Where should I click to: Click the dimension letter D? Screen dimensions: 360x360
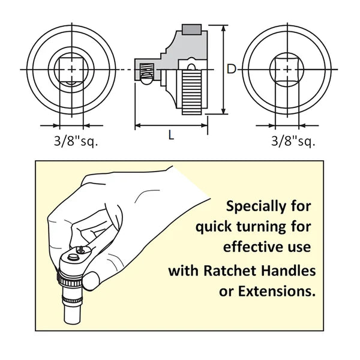click(231, 69)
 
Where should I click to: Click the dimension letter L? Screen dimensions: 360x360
click(171, 135)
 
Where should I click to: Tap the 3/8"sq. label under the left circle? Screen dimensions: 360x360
click(76, 140)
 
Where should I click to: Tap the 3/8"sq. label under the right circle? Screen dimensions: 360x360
click(293, 140)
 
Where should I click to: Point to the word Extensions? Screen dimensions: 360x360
click(277, 291)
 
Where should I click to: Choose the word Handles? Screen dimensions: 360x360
click(289, 271)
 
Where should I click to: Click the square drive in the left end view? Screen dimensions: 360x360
click(71, 70)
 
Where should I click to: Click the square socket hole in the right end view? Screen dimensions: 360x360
click(287, 70)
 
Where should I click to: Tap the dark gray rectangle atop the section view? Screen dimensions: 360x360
click(192, 29)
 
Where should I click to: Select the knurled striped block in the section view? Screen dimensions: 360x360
click(192, 92)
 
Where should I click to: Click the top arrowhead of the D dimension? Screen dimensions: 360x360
click(224, 28)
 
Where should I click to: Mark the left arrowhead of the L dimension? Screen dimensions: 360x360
click(138, 125)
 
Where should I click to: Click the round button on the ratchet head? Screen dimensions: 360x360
click(73, 257)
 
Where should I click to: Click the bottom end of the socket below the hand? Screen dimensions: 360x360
click(73, 321)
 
